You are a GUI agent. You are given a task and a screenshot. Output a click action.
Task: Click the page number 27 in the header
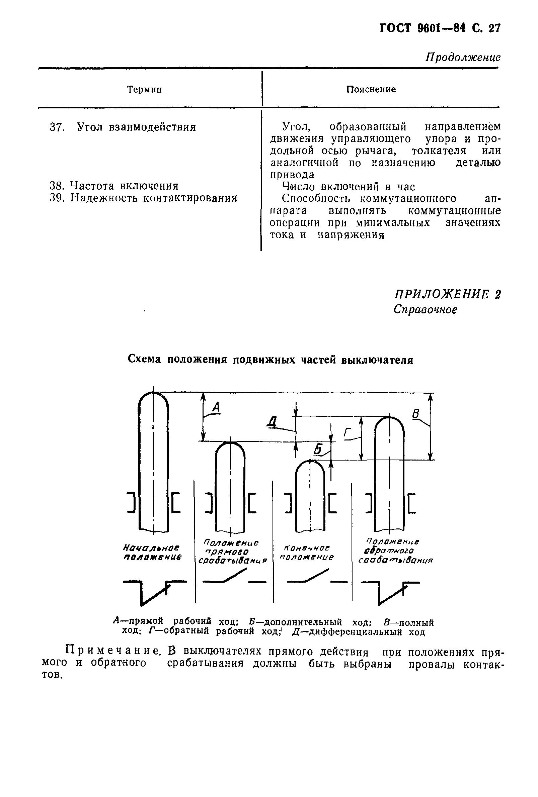[494, 28]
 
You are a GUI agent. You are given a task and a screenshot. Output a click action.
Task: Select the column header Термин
[144, 90]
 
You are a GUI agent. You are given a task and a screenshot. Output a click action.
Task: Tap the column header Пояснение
[371, 90]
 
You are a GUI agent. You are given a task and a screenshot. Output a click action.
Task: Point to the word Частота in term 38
[92, 186]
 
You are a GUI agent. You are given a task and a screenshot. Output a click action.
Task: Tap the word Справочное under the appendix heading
[425, 310]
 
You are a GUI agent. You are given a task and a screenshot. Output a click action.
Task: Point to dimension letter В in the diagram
[415, 414]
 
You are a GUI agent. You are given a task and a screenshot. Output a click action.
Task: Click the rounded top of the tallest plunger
[153, 397]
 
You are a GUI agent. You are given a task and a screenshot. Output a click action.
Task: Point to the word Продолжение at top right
[463, 57]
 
